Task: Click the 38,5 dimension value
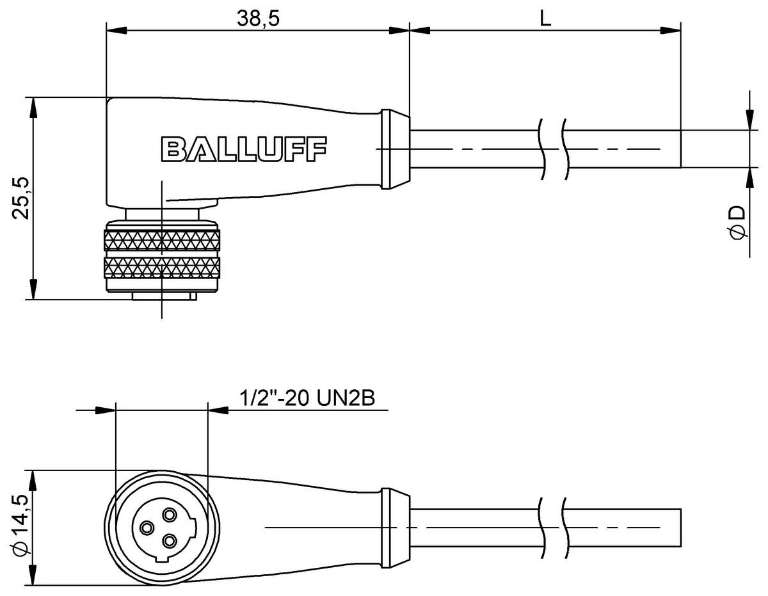(x=259, y=19)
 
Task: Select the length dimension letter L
(x=545, y=19)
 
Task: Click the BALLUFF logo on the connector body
(x=243, y=149)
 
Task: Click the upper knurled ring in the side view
(x=162, y=241)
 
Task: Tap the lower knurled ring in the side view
(x=162, y=268)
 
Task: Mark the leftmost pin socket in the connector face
(x=147, y=528)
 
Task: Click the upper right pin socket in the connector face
(x=170, y=514)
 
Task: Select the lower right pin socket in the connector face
(x=170, y=541)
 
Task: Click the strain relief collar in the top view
(x=394, y=150)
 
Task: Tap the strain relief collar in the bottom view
(x=394, y=527)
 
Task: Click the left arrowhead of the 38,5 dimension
(x=115, y=30)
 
